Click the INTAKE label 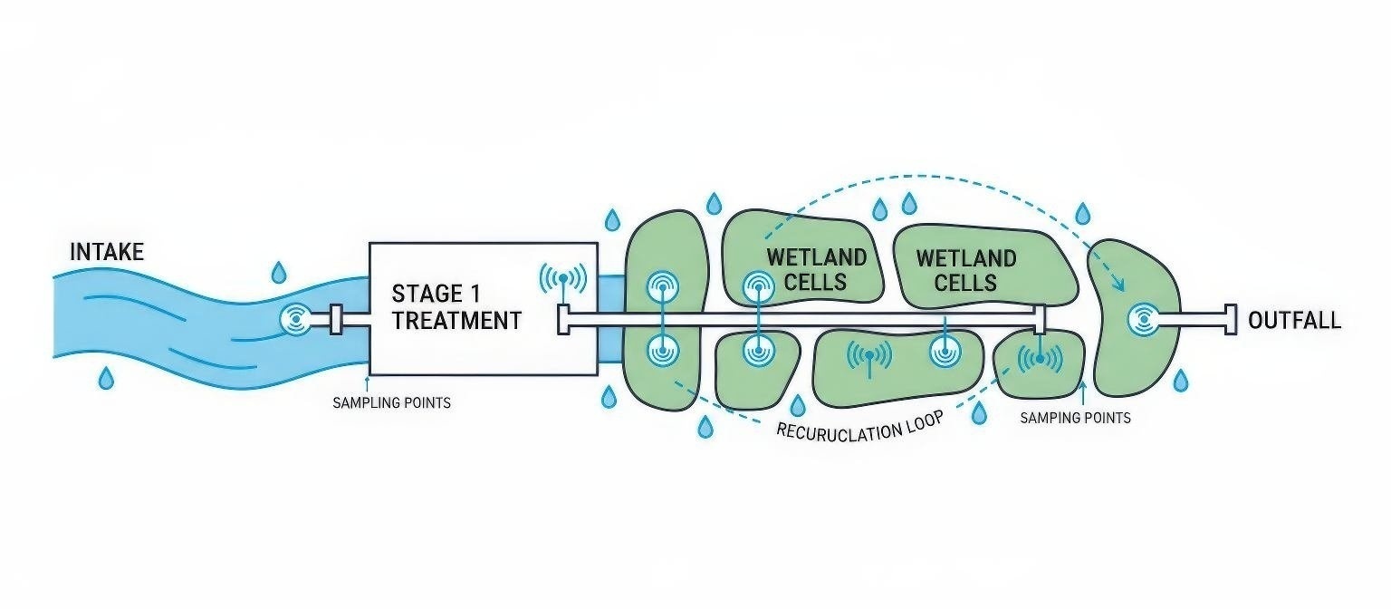click(107, 251)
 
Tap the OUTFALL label click(1294, 321)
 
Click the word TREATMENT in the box click(456, 321)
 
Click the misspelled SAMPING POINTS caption click(1075, 418)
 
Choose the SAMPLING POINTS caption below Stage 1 click(391, 402)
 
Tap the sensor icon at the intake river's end click(295, 319)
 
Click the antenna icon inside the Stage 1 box click(562, 278)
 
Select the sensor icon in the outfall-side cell click(1143, 319)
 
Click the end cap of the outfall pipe click(1231, 319)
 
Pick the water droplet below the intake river click(106, 377)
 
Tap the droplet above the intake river click(279, 272)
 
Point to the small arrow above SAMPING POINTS click(1081, 391)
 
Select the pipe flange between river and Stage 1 click(336, 319)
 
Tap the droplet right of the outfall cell click(1180, 381)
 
